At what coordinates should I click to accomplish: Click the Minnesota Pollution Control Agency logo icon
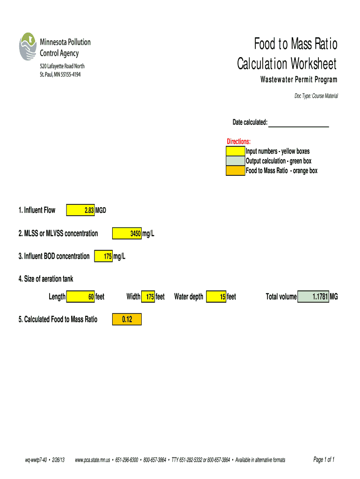pos(28,46)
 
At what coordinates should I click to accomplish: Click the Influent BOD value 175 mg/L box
pos(103,256)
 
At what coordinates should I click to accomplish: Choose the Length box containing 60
pos(80,297)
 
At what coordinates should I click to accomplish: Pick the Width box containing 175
pos(148,297)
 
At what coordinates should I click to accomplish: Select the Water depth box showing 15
pos(216,297)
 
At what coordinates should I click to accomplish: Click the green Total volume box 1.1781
pos(313,297)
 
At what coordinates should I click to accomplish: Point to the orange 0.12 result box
pos(126,319)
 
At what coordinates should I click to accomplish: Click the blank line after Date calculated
pos(299,123)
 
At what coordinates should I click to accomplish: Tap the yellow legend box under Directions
pos(235,152)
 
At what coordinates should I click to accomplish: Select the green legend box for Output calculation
pos(235,161)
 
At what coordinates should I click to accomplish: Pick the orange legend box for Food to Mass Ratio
pos(235,171)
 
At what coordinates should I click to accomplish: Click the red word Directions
pos(238,142)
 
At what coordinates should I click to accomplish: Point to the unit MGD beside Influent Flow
pos(101,210)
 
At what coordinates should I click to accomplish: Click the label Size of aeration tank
pos(46,279)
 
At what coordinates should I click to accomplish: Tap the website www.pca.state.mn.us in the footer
pos(92,460)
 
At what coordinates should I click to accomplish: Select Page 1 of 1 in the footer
pos(324,460)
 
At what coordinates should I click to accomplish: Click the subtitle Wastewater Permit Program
pos(299,80)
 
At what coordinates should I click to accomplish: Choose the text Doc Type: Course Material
pos(316,96)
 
